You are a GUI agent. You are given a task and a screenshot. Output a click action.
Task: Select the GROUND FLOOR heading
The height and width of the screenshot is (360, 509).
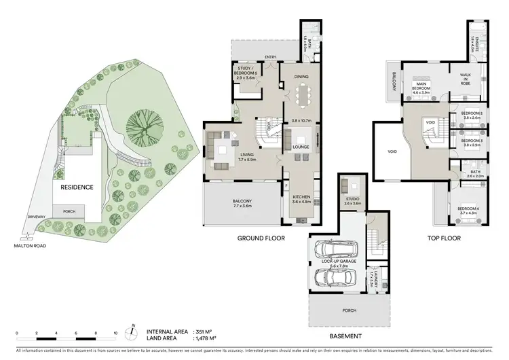click(x=261, y=238)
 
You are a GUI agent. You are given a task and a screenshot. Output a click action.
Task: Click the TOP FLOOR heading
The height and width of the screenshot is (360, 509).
click(x=445, y=238)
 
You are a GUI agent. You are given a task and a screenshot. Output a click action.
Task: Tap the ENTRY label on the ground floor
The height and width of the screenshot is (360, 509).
click(x=271, y=57)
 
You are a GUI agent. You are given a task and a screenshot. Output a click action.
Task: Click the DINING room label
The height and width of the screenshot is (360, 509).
click(x=301, y=77)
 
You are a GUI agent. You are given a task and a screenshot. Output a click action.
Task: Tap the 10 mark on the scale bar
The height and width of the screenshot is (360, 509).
click(x=115, y=334)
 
